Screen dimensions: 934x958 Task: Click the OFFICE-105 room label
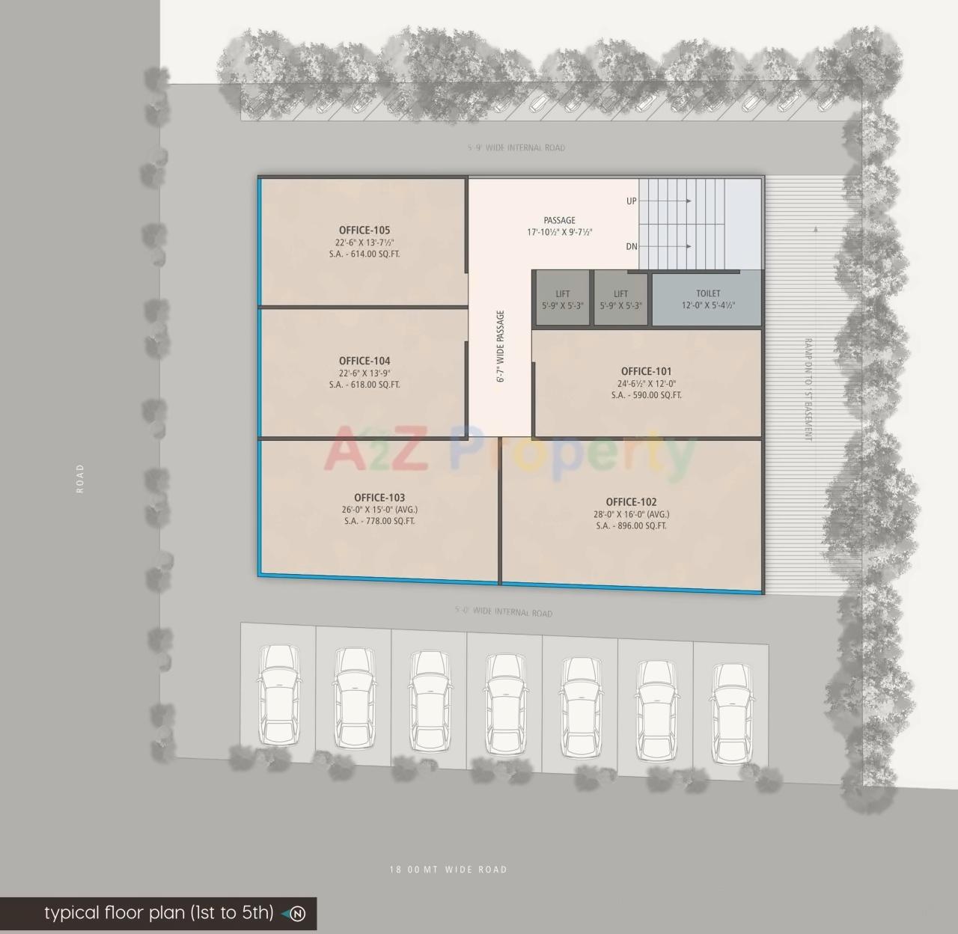click(x=364, y=231)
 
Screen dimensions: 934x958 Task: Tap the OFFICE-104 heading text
click(x=364, y=361)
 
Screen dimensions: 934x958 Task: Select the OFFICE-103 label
click(x=379, y=498)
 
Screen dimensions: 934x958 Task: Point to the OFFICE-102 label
click(x=631, y=502)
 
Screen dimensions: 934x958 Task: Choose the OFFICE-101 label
click(x=646, y=371)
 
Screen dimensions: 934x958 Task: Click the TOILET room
click(x=707, y=299)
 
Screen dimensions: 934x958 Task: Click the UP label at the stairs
click(x=632, y=201)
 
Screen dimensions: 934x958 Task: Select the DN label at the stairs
click(x=632, y=246)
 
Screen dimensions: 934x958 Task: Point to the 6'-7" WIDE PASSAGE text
click(x=501, y=347)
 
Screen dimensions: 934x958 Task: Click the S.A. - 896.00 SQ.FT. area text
click(x=631, y=526)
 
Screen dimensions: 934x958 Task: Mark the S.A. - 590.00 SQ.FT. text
click(x=646, y=395)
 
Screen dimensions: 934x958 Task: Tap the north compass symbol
click(x=297, y=914)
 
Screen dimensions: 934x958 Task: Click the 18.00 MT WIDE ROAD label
click(x=448, y=870)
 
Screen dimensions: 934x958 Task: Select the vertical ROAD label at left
click(x=80, y=478)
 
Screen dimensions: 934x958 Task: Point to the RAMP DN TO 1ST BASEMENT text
click(x=808, y=389)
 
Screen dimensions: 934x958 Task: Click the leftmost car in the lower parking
click(x=278, y=696)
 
